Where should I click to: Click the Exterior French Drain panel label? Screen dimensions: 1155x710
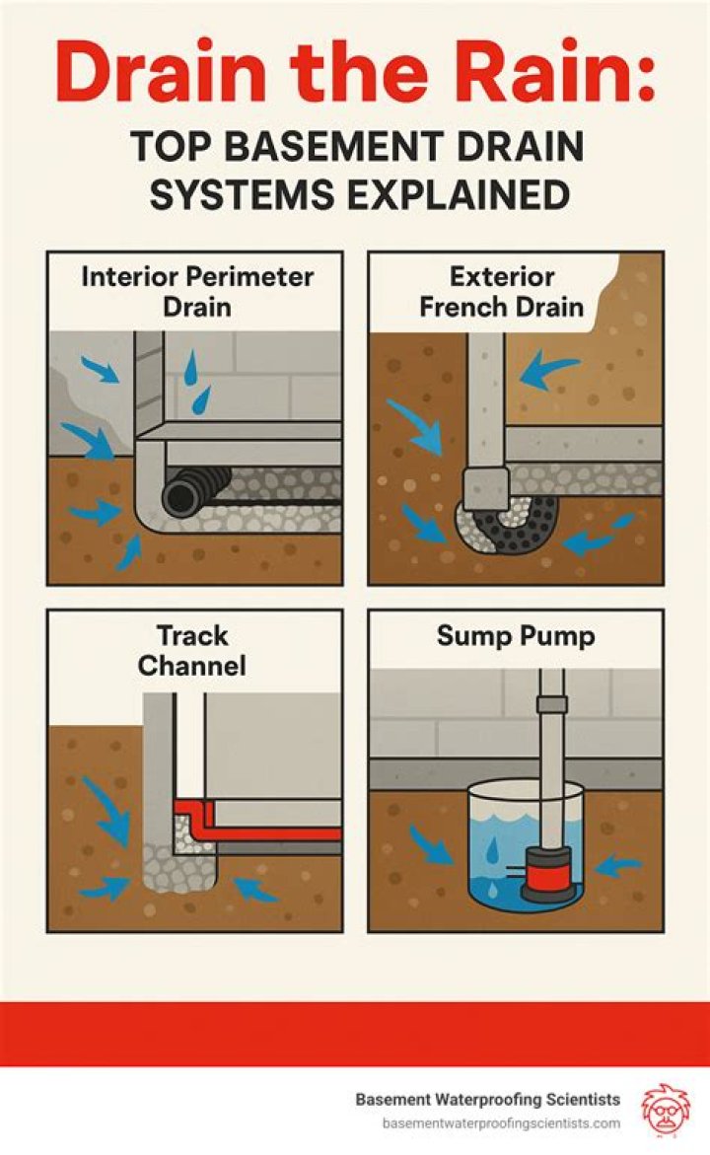[x=501, y=290]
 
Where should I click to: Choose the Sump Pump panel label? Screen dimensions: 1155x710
[x=516, y=636]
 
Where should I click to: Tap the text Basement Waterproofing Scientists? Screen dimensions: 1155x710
[x=487, y=1100]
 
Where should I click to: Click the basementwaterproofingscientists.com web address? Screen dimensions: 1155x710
[x=501, y=1123]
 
